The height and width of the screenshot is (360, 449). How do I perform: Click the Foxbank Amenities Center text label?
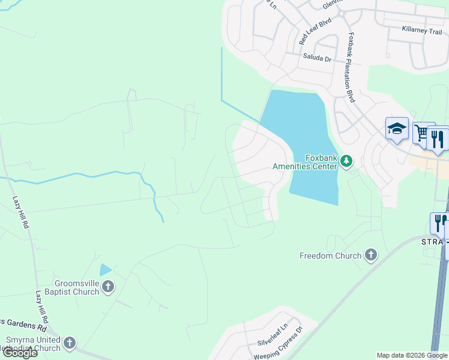click(x=306, y=162)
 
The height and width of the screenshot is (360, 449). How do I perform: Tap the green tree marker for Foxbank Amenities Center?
click(x=346, y=161)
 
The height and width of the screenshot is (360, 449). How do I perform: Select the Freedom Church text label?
click(x=331, y=256)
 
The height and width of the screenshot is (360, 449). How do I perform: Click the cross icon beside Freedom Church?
click(x=371, y=255)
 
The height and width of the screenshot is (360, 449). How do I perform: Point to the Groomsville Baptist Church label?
click(x=68, y=288)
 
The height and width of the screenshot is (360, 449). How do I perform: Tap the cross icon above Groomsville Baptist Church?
click(x=108, y=286)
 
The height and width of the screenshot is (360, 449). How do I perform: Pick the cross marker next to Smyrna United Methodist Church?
click(x=70, y=343)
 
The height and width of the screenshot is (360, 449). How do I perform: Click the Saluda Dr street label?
click(x=319, y=59)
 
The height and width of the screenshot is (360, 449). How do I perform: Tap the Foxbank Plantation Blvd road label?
click(x=351, y=67)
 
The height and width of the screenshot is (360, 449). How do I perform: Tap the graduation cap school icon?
click(x=397, y=129)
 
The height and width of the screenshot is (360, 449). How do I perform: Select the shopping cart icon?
click(x=421, y=132)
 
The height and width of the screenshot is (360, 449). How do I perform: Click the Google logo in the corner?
click(x=19, y=353)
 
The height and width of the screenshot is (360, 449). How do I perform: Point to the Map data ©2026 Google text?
click(x=412, y=355)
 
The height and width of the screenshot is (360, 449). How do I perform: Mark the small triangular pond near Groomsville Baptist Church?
click(x=105, y=270)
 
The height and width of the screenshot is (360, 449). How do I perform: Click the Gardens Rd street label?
click(x=24, y=328)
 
